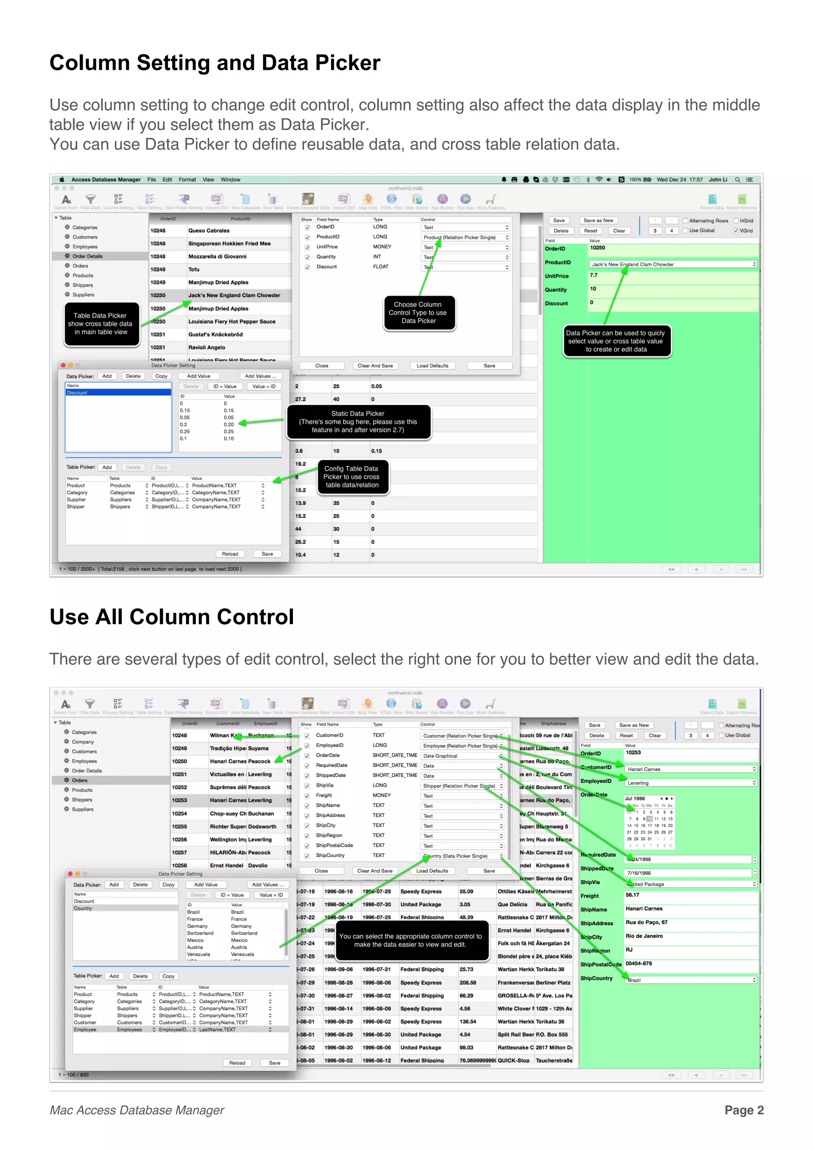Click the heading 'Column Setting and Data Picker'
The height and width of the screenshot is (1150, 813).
pos(215,63)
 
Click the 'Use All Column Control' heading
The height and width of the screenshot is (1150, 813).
pos(171,617)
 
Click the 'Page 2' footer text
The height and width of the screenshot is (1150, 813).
pos(744,1110)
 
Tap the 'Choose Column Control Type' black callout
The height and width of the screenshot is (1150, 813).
pos(419,313)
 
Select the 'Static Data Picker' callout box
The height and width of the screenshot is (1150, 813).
pos(358,422)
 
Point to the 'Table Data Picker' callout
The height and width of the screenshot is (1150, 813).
pos(101,323)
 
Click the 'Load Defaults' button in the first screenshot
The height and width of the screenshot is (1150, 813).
pos(432,365)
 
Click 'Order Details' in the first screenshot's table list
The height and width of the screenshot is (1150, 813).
pos(87,256)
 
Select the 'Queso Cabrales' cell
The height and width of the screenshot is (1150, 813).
pos(209,231)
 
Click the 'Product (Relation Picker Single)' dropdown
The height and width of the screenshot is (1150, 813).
pos(465,237)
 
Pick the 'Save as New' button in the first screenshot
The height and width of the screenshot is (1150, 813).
pos(598,220)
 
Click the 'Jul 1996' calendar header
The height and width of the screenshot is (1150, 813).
pos(635,798)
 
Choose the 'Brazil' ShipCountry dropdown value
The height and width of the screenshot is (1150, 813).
pos(690,980)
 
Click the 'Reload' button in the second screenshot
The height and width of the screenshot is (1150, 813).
pos(237,1063)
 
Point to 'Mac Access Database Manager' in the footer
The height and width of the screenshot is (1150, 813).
pos(137,1110)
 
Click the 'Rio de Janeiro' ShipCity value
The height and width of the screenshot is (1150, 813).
pos(644,936)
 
